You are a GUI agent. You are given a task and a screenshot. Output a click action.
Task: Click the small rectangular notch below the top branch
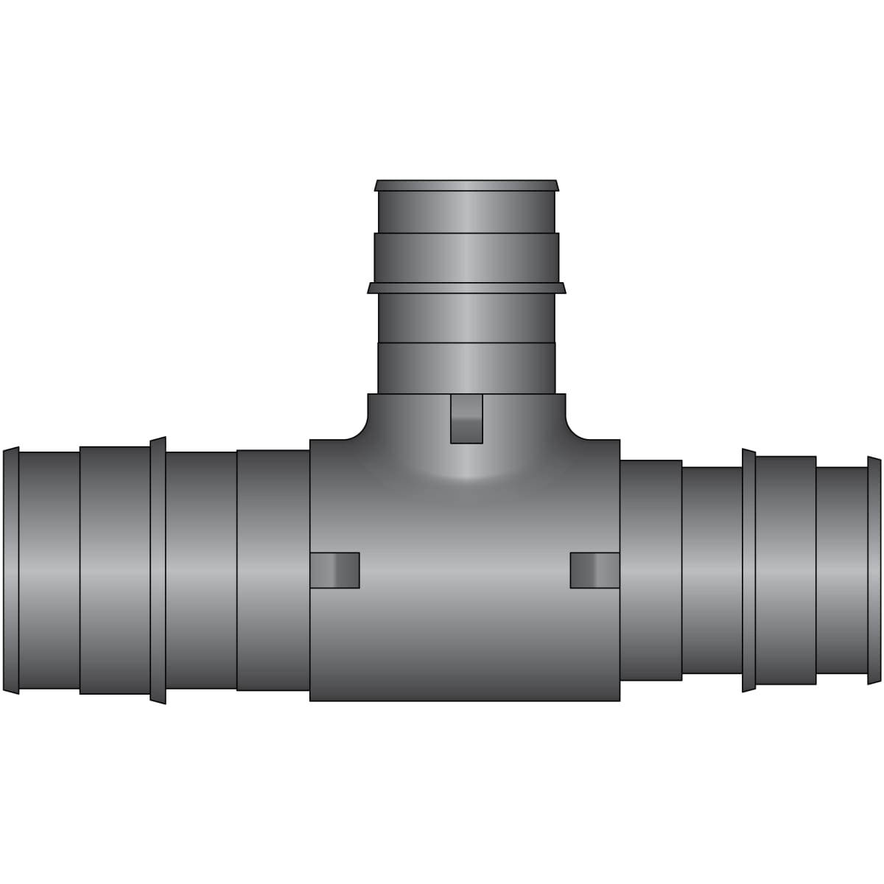click(x=466, y=418)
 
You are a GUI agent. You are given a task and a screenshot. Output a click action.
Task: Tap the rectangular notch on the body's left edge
click(x=334, y=570)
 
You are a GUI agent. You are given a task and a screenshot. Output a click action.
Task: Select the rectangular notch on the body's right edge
click(x=595, y=570)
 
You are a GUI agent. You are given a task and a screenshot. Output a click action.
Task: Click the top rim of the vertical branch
click(x=466, y=185)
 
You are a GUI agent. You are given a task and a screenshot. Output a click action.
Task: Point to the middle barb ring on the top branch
click(x=466, y=287)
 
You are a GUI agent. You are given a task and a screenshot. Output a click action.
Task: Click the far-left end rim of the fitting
click(x=10, y=575)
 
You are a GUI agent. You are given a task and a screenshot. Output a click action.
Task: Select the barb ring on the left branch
click(x=158, y=571)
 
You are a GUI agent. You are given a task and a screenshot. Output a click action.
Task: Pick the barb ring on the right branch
click(x=748, y=571)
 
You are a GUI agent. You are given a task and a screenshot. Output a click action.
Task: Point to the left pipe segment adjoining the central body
click(x=273, y=571)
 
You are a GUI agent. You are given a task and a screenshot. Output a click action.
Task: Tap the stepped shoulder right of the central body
click(x=650, y=571)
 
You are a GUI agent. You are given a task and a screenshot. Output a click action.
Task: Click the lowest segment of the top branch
click(x=466, y=368)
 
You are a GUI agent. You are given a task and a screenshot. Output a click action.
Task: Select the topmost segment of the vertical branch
click(x=466, y=212)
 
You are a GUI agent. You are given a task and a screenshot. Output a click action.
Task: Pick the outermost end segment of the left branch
click(x=49, y=571)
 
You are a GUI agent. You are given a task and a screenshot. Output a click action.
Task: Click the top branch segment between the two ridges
click(x=466, y=258)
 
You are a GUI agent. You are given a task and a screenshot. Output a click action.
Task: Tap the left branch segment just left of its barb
click(x=115, y=571)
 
